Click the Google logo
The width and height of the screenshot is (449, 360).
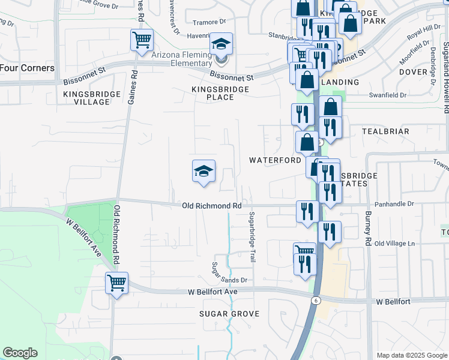point(20,353)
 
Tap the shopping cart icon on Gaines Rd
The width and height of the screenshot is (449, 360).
point(142,41)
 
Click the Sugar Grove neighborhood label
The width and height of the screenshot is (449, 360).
point(229,314)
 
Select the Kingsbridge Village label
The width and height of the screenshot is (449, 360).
point(86,98)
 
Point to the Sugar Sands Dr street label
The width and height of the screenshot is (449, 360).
point(229,280)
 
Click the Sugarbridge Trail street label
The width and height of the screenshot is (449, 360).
point(253,236)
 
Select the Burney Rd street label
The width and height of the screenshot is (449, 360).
point(367,228)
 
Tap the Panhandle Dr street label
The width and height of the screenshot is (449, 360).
point(394,204)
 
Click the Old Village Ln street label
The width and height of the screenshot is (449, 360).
point(394,244)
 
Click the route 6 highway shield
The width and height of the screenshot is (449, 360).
point(316,299)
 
